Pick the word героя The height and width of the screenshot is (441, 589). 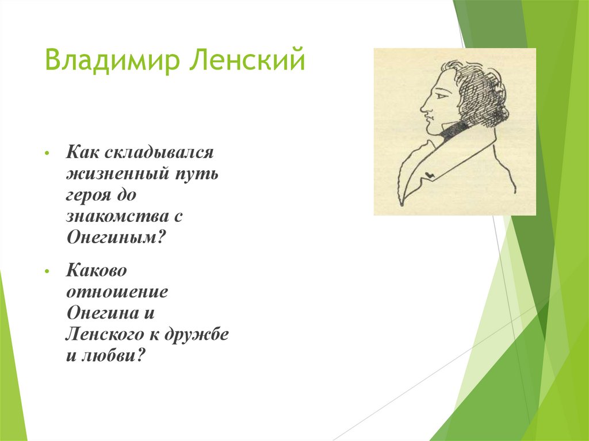[x=91, y=195]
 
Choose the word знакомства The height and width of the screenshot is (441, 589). [x=117, y=217]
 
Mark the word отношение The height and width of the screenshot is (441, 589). [x=117, y=291]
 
